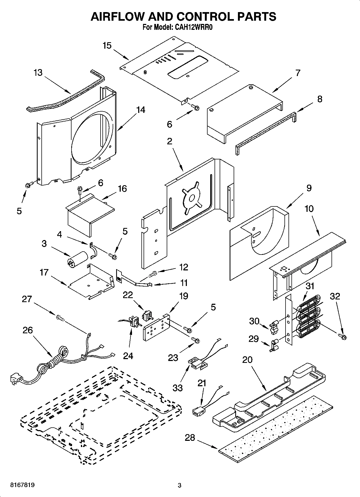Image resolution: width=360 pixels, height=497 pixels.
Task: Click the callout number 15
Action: click(x=107, y=45)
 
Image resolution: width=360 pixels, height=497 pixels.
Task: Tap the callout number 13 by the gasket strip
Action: click(x=38, y=73)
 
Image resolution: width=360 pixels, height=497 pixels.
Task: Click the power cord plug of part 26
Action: click(x=15, y=380)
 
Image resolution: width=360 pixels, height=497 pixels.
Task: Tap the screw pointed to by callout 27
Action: click(x=60, y=318)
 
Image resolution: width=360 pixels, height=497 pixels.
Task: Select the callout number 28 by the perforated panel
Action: click(x=190, y=438)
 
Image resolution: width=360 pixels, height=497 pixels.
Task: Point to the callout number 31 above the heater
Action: click(x=310, y=286)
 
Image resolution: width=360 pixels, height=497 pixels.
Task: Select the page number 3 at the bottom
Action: click(x=180, y=485)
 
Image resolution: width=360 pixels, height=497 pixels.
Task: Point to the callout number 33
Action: click(x=177, y=388)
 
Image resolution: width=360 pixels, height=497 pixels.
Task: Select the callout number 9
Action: click(x=309, y=188)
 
